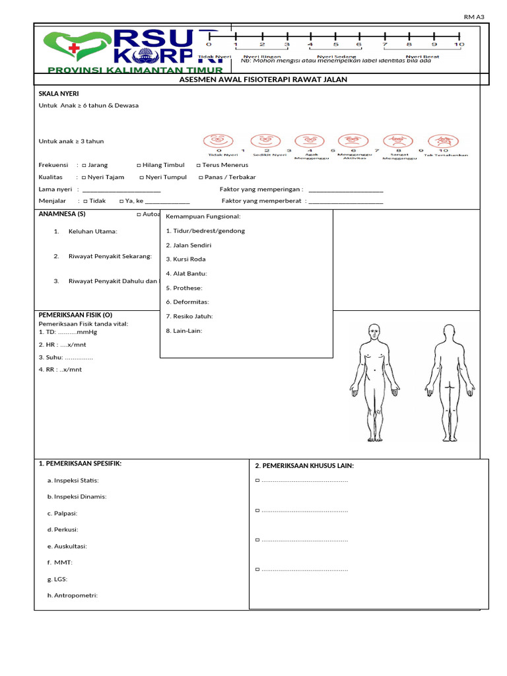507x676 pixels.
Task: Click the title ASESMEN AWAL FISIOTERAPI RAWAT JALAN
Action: [263, 80]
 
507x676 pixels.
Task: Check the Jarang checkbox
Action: [84, 165]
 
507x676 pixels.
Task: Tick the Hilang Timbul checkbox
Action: [139, 165]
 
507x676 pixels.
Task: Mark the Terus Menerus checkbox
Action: [199, 165]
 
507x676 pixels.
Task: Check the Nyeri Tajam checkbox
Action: [84, 178]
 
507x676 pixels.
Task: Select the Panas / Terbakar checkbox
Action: [201, 178]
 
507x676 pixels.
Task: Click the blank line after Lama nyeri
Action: [121, 190]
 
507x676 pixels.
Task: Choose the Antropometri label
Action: [73, 595]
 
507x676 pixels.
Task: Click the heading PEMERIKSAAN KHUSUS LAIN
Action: [304, 466]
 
